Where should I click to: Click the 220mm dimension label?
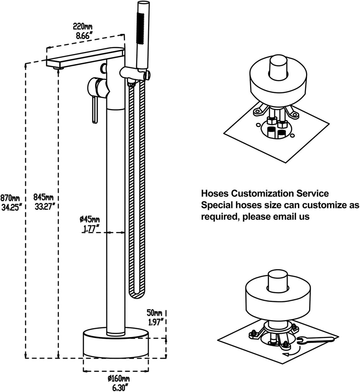83,27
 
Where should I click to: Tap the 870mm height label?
10,198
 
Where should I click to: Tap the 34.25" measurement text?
11,206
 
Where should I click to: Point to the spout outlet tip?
58,67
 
